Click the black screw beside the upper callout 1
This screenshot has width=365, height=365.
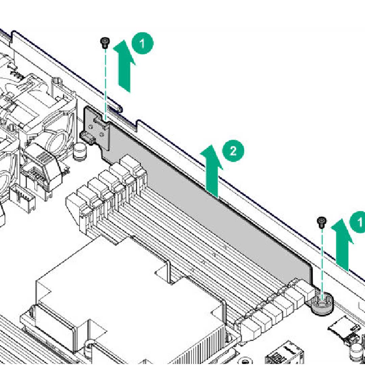(x=105, y=43)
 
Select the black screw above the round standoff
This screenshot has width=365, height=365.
(x=322, y=222)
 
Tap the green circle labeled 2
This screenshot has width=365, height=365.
(x=233, y=151)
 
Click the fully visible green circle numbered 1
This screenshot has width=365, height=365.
(x=142, y=43)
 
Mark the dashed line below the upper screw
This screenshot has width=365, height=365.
(x=105, y=84)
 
